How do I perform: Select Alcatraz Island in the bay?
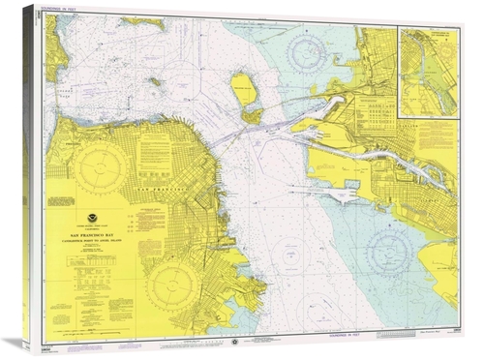click(x=155, y=81)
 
